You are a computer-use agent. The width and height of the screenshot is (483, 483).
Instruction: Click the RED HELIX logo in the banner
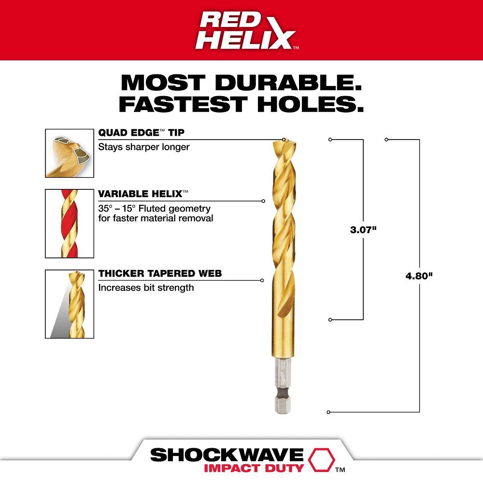[247, 30]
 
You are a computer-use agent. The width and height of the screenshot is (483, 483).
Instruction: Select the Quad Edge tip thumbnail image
[70, 153]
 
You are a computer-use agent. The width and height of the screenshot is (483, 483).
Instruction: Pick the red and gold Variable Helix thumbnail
[70, 223]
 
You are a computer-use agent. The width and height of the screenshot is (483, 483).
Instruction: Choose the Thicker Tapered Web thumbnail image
[70, 304]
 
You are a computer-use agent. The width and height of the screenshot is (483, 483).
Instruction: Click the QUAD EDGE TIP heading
[142, 133]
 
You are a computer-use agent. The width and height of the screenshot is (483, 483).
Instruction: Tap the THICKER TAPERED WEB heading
[160, 274]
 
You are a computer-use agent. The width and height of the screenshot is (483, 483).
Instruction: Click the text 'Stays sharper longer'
[144, 147]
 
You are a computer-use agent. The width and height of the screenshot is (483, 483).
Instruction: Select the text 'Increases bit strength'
[146, 288]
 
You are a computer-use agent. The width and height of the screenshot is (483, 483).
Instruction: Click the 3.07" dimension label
[363, 230]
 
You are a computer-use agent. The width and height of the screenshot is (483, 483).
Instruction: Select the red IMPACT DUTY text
[253, 468]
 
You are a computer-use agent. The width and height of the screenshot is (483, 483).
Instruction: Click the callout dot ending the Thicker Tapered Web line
[262, 280]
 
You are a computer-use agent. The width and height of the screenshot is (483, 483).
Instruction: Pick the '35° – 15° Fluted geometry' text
[155, 209]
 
